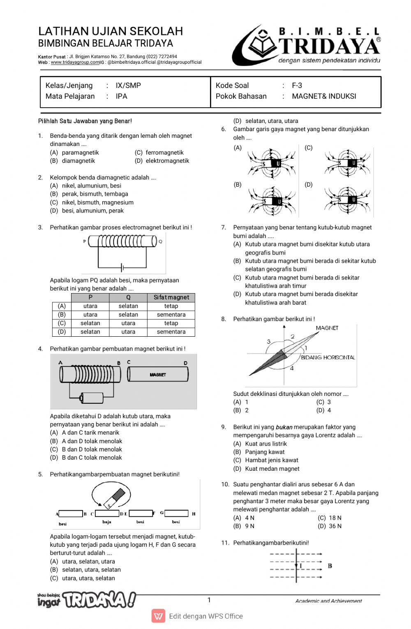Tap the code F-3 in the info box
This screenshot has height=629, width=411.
click(297, 86)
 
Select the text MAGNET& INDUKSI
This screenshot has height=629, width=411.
click(324, 96)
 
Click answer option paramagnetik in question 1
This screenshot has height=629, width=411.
click(80, 153)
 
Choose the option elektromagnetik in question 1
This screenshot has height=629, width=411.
click(167, 161)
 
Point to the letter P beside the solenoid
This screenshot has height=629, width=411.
click(85, 241)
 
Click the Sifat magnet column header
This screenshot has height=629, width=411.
click(171, 297)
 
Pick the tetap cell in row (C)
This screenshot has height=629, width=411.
click(171, 323)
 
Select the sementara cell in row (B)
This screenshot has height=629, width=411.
click(171, 314)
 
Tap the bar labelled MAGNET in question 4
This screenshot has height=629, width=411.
click(158, 375)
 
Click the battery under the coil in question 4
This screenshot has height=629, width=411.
click(92, 398)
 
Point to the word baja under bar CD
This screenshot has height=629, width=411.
click(107, 522)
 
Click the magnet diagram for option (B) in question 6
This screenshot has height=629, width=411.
click(272, 201)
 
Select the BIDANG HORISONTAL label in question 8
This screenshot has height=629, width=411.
click(328, 358)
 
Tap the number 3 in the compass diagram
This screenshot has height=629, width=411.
click(269, 342)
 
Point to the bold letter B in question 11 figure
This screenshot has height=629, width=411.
click(330, 566)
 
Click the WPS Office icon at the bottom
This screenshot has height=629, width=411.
click(158, 616)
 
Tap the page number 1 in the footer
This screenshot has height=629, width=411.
click(209, 600)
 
